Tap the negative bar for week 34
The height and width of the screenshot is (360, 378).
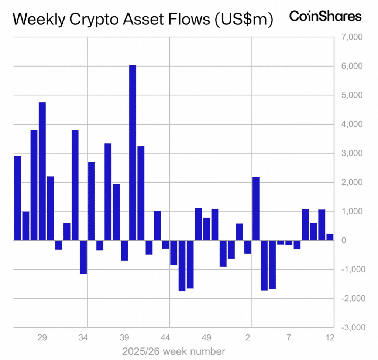83,257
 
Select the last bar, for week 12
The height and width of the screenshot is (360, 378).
330,237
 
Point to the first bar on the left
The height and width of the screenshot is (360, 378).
17,198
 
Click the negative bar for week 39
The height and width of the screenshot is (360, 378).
124,250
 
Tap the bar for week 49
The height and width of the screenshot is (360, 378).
207,229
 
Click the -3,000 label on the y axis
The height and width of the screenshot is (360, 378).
344,327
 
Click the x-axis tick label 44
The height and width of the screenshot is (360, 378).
165,337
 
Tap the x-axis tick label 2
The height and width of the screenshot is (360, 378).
248,337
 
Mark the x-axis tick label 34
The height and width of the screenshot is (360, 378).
83,337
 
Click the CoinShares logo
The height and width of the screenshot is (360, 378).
325,16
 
